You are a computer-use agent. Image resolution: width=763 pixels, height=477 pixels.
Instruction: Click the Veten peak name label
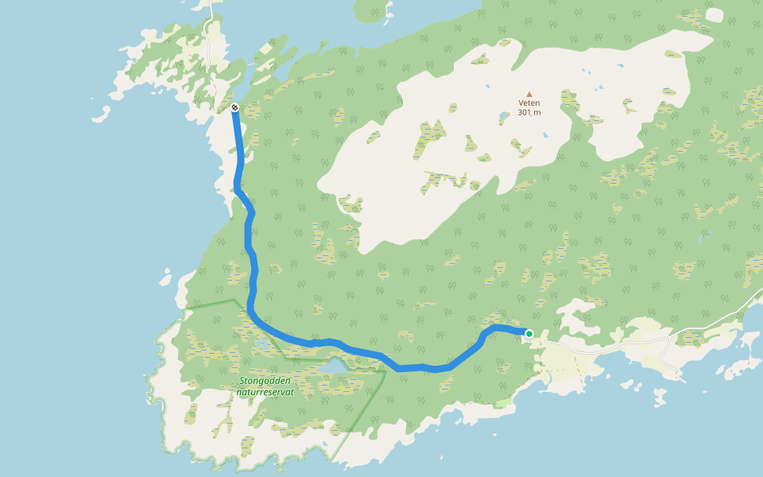click(x=529, y=103)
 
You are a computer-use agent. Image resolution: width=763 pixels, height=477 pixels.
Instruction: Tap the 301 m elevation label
click(x=529, y=113)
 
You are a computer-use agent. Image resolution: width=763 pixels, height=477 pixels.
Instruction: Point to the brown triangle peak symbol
click(x=529, y=94)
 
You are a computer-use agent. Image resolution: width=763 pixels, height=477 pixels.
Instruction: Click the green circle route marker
click(x=529, y=334)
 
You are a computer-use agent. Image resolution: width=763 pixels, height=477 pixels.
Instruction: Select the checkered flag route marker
click(x=234, y=107)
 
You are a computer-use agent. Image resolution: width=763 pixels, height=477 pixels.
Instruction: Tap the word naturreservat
click(x=265, y=392)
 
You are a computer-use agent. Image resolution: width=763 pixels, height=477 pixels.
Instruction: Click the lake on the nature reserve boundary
click(x=335, y=365)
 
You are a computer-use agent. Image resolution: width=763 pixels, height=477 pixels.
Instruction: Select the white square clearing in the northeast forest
click(x=714, y=15)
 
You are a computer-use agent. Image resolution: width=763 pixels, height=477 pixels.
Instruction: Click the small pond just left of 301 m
click(x=502, y=119)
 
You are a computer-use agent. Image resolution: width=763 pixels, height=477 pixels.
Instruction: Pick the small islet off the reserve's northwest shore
click(x=165, y=280)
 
